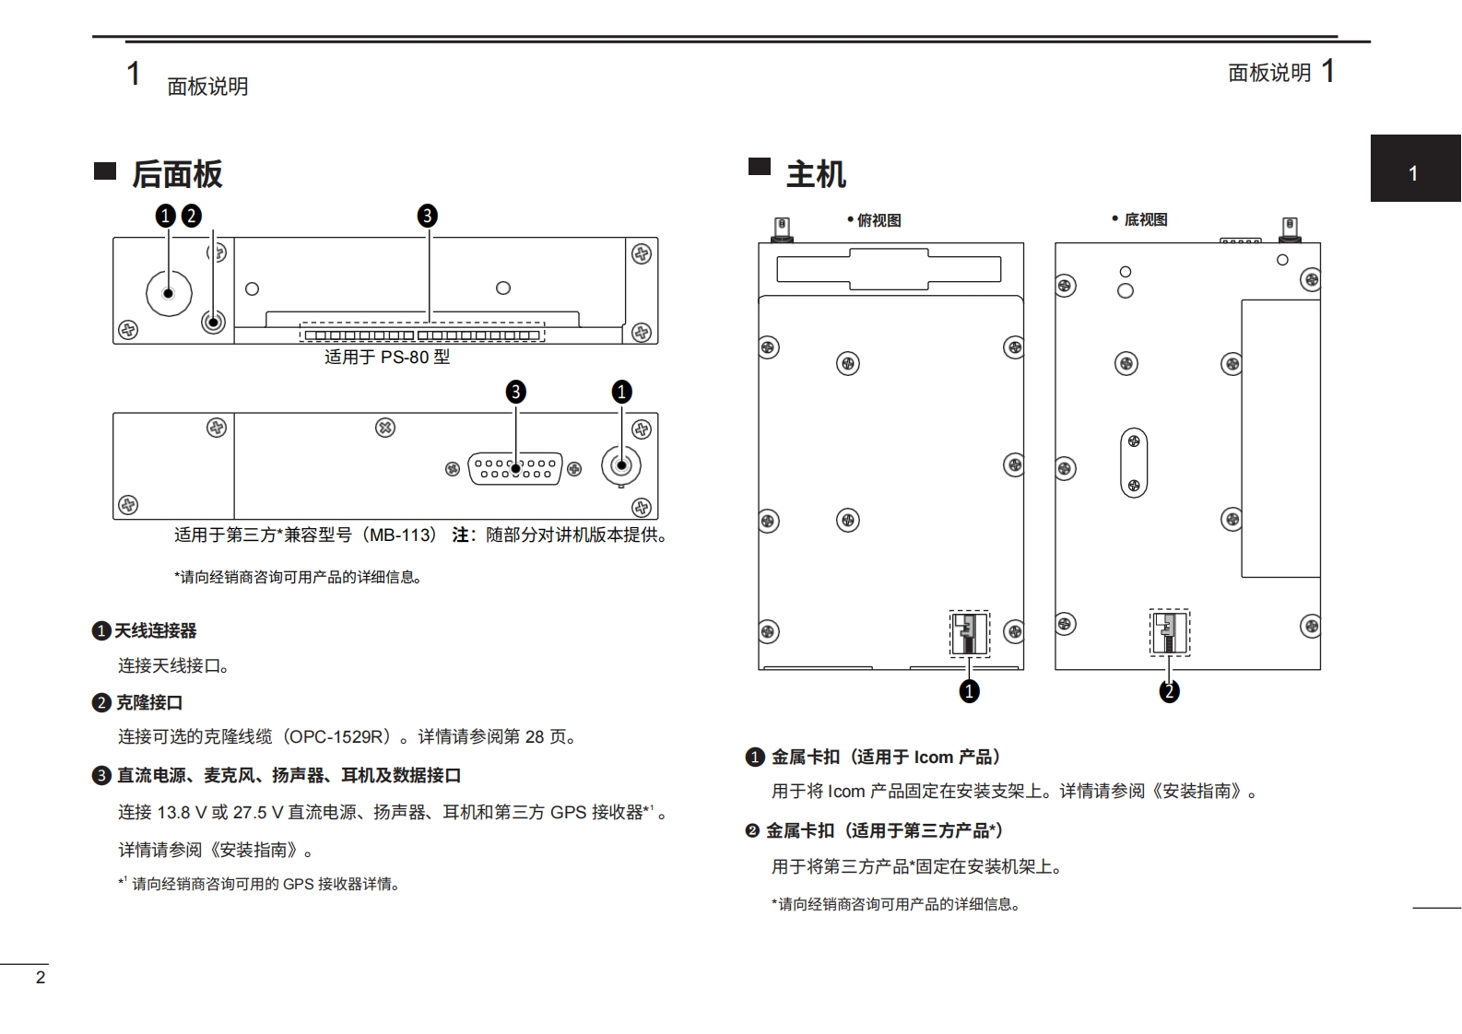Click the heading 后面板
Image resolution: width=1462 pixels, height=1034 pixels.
coord(176,174)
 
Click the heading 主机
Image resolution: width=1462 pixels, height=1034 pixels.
coord(815,174)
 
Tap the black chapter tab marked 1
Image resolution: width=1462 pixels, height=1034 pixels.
coord(1414,170)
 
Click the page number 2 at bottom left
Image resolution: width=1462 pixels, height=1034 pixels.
coord(40,978)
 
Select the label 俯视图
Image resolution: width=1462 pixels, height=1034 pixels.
coord(878,220)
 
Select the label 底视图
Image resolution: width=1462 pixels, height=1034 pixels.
coord(1145,219)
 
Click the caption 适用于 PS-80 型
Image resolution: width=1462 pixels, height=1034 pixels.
coord(387,357)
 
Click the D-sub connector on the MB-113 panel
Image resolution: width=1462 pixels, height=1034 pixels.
coord(514,468)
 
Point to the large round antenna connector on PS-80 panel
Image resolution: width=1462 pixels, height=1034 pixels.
coord(169,293)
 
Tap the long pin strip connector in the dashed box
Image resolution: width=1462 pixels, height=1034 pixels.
coord(422,334)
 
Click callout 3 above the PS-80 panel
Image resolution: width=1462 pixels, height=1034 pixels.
coord(427,216)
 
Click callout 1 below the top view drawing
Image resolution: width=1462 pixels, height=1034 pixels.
coord(969,691)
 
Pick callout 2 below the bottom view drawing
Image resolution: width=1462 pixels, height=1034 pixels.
coord(1169,691)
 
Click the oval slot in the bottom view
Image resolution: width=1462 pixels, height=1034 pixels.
coord(1134,463)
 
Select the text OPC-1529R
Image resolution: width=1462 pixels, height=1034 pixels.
coord(336,737)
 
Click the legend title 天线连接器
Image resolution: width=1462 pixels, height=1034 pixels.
coord(155,631)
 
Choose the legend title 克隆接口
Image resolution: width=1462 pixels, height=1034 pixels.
coord(149,703)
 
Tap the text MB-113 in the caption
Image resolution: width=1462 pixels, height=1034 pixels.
coord(403,535)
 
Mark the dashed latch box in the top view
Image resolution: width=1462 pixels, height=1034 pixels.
coord(969,633)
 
